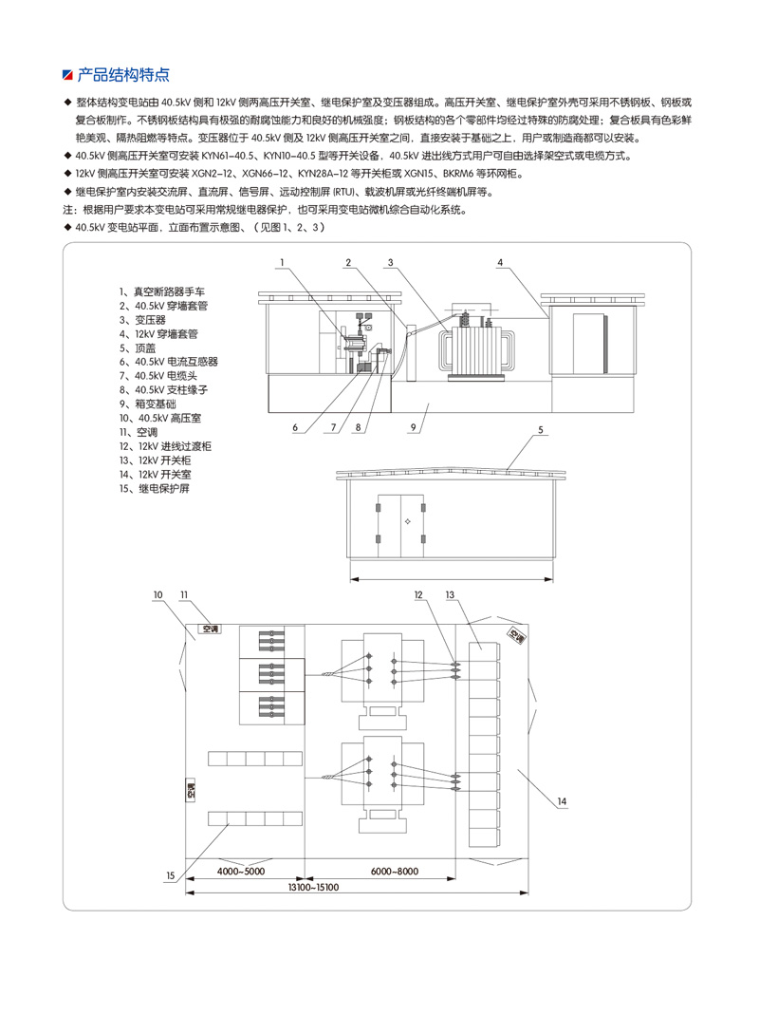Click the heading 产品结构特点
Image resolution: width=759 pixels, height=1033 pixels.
click(x=123, y=74)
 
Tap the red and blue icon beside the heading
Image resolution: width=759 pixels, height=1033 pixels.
click(x=66, y=74)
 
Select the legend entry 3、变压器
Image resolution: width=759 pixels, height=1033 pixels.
click(x=142, y=320)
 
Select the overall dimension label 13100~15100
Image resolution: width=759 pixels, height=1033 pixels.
click(x=313, y=887)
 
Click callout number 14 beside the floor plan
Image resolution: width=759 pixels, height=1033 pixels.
click(x=563, y=802)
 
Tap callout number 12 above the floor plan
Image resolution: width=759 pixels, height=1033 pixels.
click(x=417, y=594)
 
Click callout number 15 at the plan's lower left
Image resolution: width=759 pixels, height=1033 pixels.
click(x=170, y=875)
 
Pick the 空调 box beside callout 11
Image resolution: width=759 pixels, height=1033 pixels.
click(x=209, y=629)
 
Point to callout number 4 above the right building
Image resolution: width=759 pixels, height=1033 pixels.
click(x=499, y=261)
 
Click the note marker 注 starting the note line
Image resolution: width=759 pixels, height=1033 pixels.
click(x=66, y=208)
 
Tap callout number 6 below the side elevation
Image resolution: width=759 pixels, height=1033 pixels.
click(x=295, y=428)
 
